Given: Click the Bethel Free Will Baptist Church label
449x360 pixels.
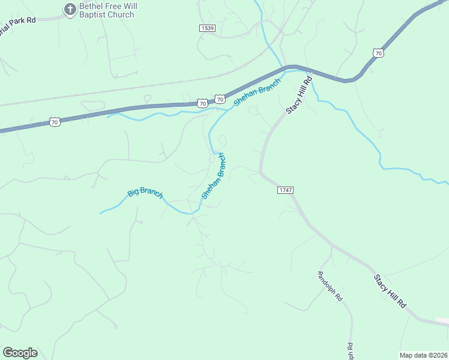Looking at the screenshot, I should (108, 10).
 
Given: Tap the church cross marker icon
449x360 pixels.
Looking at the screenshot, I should (70, 9).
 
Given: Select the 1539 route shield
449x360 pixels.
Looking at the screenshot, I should (208, 28).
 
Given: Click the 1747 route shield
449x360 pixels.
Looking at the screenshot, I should (285, 190).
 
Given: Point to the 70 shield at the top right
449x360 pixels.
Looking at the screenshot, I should (378, 53).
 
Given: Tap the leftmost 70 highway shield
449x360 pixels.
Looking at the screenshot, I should (55, 122).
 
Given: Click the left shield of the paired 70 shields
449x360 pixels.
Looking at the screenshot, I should (203, 103).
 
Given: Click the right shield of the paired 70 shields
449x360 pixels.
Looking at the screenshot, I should (220, 98).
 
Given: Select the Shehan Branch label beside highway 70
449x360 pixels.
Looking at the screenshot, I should (258, 92).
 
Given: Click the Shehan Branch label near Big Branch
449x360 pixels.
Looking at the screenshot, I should (214, 176).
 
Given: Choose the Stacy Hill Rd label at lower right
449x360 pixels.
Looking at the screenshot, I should (391, 292).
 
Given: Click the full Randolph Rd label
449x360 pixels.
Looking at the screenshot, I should (330, 285).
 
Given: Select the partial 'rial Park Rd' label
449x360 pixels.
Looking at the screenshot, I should (18, 20).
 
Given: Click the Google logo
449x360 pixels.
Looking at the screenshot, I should (20, 352).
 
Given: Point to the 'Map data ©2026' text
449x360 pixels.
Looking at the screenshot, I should (423, 355).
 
